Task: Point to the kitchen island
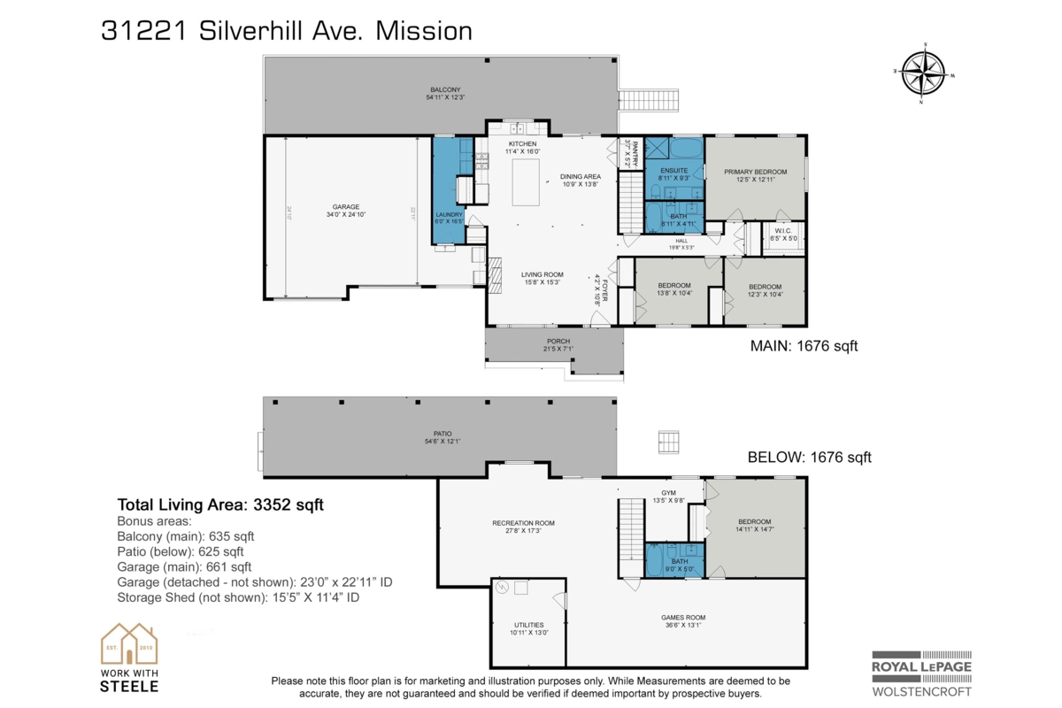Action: [x=526, y=183]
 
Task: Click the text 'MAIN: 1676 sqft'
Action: [x=804, y=346]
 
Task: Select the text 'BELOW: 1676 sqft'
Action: [x=809, y=458]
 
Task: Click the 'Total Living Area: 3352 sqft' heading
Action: [x=220, y=505]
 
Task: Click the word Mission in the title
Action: [x=424, y=31]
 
